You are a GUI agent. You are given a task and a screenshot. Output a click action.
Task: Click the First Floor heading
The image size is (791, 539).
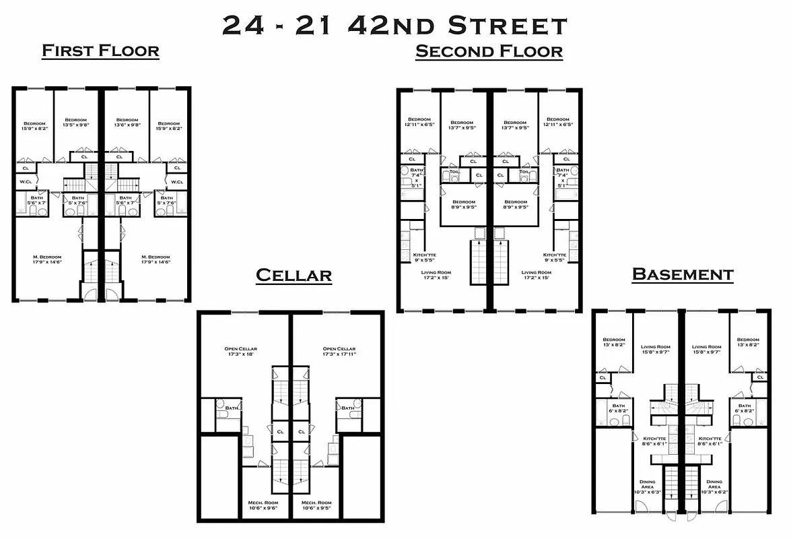tap(100, 51)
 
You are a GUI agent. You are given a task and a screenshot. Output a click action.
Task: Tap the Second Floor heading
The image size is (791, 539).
tap(489, 51)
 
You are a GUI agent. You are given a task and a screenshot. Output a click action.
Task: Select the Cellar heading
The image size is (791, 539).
tap(294, 275)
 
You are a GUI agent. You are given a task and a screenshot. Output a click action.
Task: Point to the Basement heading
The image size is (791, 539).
tap(682, 274)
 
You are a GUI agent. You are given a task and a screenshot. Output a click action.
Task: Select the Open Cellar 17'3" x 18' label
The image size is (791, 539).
tap(241, 352)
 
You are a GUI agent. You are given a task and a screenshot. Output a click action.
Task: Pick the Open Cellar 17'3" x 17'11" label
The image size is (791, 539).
tap(339, 352)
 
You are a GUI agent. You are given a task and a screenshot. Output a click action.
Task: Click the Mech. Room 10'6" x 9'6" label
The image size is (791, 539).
tap(265, 506)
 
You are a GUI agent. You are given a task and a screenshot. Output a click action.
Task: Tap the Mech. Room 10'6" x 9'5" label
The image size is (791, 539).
tap(316, 506)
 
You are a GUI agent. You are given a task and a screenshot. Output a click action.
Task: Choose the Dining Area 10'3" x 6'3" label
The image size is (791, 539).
tap(647, 487)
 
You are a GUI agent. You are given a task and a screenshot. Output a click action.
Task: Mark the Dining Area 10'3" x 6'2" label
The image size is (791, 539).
tap(714, 487)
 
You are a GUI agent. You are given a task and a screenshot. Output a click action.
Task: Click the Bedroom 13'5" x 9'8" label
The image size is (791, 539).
tap(75, 123)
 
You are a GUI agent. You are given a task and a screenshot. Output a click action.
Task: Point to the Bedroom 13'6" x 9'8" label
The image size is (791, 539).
tap(126, 123)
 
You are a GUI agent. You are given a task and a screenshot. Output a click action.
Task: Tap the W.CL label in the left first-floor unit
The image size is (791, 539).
tap(26, 182)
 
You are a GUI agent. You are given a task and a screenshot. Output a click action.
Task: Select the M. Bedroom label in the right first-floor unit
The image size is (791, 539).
tap(156, 259)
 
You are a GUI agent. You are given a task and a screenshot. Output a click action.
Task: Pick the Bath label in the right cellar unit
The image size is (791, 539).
tap(347, 408)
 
